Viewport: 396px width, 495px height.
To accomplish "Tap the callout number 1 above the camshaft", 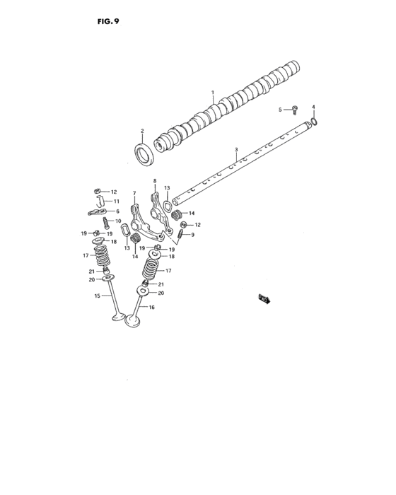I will click(x=211, y=93).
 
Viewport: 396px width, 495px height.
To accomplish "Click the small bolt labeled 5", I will click(x=295, y=109).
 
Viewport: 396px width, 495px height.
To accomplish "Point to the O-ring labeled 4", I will click(x=315, y=121).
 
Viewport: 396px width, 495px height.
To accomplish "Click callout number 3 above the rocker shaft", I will click(x=236, y=149).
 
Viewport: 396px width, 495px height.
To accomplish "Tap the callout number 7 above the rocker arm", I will click(x=134, y=192).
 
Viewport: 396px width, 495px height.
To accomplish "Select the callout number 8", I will click(x=155, y=181).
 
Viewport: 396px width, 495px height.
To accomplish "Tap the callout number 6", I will click(x=117, y=211).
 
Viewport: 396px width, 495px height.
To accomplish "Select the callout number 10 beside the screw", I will click(x=118, y=221).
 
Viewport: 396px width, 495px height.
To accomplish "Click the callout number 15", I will click(x=96, y=296).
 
